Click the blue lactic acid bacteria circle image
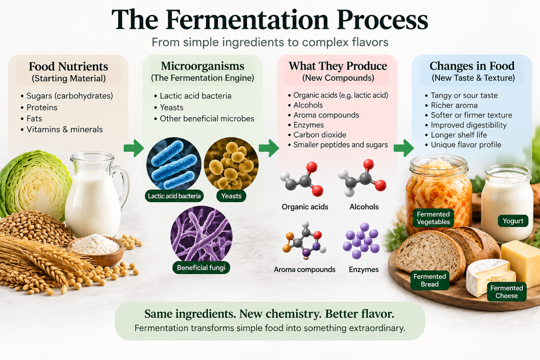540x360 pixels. [174, 164]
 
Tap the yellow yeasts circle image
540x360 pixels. [231, 164]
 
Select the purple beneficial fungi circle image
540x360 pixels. [201, 237]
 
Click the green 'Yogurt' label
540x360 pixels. [513, 221]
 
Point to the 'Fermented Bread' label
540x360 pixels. [430, 280]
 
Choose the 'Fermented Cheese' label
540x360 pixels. [507, 292]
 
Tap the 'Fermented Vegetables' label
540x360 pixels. [433, 218]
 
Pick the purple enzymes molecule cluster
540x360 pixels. [361, 241]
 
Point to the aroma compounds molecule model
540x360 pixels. [304, 241]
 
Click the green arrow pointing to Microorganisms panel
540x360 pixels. [134, 148]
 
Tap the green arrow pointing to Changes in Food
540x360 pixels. [404, 148]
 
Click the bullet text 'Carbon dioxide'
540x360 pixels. [320, 135]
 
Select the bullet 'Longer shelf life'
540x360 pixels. [459, 135]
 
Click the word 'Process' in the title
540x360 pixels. [382, 21]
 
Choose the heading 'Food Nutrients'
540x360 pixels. [69, 66]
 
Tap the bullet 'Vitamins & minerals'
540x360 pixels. [65, 130]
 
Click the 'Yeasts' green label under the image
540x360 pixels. [231, 196]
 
